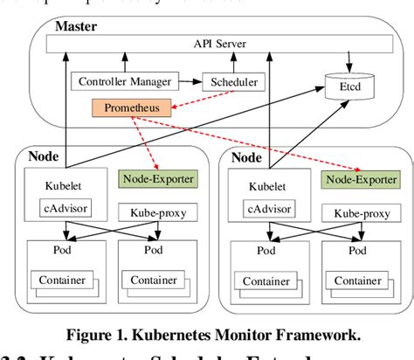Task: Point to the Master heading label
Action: click(x=75, y=26)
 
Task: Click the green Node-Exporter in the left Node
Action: click(x=156, y=178)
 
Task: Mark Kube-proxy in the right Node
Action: click(x=357, y=212)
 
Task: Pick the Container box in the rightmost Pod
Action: click(x=356, y=280)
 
